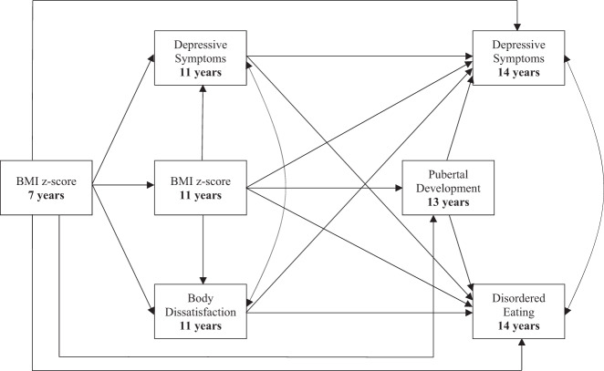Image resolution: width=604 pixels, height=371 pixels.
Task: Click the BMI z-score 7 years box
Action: pyautogui.click(x=48, y=189)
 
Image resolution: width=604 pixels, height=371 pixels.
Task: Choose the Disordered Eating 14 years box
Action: pyautogui.click(x=518, y=312)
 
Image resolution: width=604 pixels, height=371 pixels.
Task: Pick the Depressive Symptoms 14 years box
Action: pyautogui.click(x=518, y=58)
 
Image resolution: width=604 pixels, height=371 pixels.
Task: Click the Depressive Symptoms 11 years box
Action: pyautogui.click(x=201, y=58)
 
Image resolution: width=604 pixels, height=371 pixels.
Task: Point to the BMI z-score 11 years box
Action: pyautogui.click(x=201, y=189)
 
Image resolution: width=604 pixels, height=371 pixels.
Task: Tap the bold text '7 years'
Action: pyautogui.click(x=48, y=196)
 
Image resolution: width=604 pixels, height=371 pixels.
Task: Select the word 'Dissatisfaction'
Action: pyautogui.click(x=201, y=312)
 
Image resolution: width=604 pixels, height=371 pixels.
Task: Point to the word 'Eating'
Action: pyautogui.click(x=518, y=312)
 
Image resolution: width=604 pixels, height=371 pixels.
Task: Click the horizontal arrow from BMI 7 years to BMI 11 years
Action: pyautogui.click(x=123, y=189)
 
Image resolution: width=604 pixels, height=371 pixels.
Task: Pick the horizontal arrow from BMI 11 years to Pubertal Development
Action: pyautogui.click(x=324, y=189)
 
